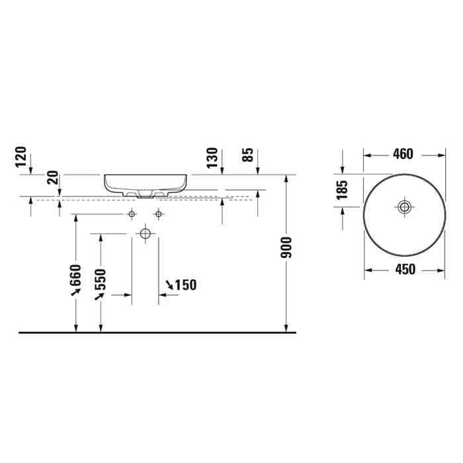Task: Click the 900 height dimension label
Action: point(286,247)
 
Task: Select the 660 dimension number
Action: point(75,275)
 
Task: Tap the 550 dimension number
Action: point(101,279)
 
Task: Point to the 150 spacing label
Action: point(186,285)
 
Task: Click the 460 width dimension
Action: point(403,154)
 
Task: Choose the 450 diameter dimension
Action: point(405,269)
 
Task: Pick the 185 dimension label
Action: point(343,190)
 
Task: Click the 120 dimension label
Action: point(21,157)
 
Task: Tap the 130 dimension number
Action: point(212,158)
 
